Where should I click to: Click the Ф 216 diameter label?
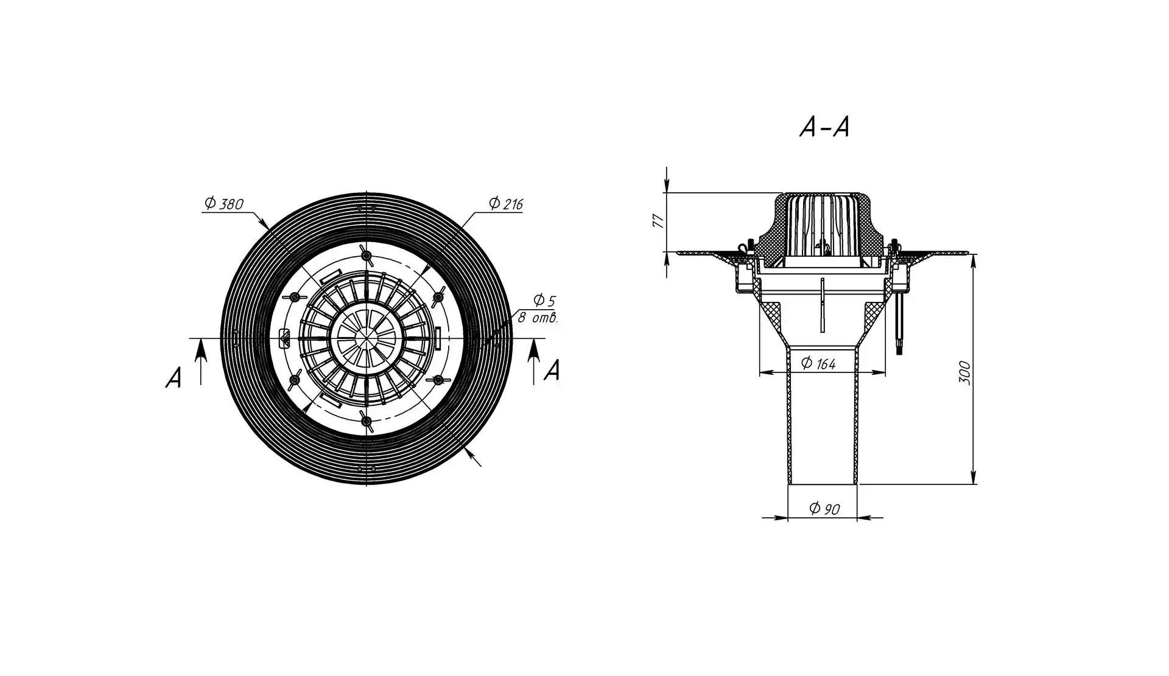[x=505, y=203]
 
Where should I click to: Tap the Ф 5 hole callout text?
[x=544, y=300]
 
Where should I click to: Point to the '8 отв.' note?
[x=538, y=318]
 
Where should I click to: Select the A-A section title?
[x=824, y=127]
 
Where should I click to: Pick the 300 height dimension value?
[x=964, y=372]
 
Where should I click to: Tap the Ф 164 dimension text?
[x=818, y=363]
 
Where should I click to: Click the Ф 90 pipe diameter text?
[x=825, y=509]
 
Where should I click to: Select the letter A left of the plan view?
[x=174, y=378]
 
